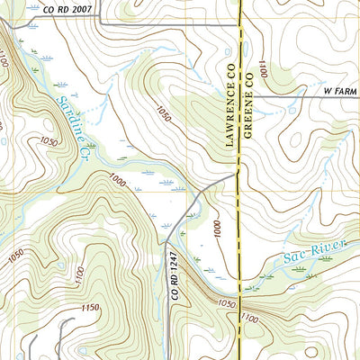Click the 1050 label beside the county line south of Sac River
pyautogui.click(x=229, y=305)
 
